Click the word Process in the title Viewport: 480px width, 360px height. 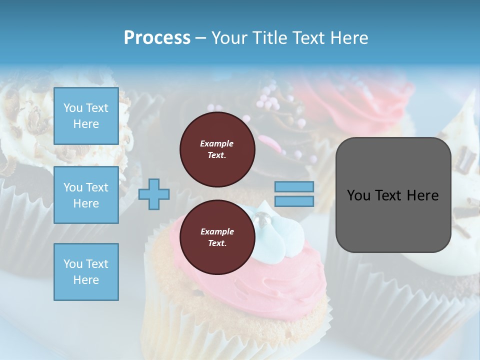coord(157,38)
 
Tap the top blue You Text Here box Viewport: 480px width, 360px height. coord(86,116)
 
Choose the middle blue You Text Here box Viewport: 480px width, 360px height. coord(86,195)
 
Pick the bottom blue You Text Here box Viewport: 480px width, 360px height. coord(86,271)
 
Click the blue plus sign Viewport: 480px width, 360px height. coord(154,194)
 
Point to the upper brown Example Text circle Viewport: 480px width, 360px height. coord(217,149)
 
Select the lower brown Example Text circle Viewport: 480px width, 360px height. coord(217,237)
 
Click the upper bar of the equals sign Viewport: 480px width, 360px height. coord(294,186)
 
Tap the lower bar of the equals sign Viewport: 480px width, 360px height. coord(294,201)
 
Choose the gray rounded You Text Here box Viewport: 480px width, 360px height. coord(393,195)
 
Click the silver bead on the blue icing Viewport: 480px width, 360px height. coord(262,218)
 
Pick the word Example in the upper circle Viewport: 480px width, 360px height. coord(217,143)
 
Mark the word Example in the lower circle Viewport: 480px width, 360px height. coord(217,231)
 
